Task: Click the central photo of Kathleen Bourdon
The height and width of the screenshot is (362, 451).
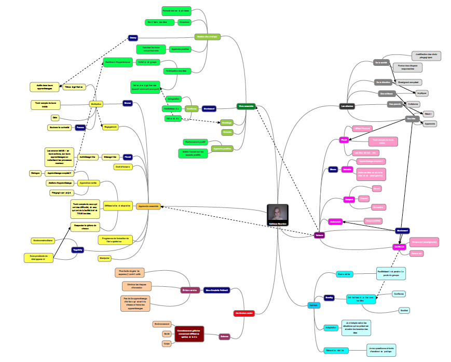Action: point(278,214)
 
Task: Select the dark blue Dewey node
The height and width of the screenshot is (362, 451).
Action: point(133,38)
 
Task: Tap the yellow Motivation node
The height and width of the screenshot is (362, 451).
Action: point(96,104)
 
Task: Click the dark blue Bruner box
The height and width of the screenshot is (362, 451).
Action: point(128,103)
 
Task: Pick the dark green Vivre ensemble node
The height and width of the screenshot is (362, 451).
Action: point(245,106)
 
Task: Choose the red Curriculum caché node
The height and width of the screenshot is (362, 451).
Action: point(243,313)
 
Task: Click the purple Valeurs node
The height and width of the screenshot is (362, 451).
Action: point(320,235)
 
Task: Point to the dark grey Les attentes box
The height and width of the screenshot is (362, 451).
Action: point(347,106)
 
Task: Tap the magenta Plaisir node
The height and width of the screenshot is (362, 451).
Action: point(344,140)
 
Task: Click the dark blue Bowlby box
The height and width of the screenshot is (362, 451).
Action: point(329,298)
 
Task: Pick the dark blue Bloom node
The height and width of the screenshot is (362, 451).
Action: point(333,169)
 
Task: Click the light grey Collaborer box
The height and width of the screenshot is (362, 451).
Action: point(413,104)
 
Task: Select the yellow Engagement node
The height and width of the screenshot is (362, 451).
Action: point(110,127)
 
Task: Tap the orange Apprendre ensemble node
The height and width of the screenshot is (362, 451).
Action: point(148,206)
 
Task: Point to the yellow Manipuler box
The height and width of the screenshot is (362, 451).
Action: point(104,258)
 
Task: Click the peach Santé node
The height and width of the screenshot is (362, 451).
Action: point(167,334)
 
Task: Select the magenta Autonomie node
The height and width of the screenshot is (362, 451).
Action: point(335,221)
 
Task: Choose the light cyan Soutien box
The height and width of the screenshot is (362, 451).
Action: point(404,310)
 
